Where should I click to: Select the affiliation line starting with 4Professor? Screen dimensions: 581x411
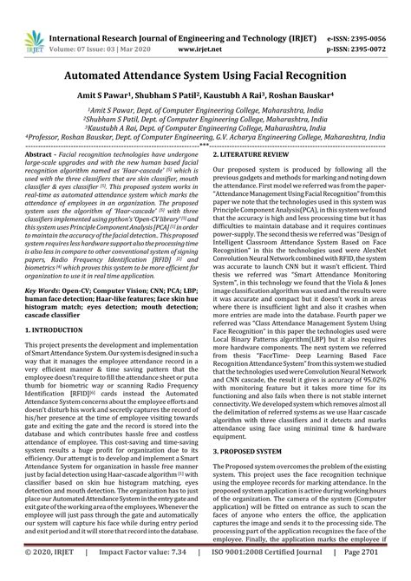(x=205, y=135)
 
